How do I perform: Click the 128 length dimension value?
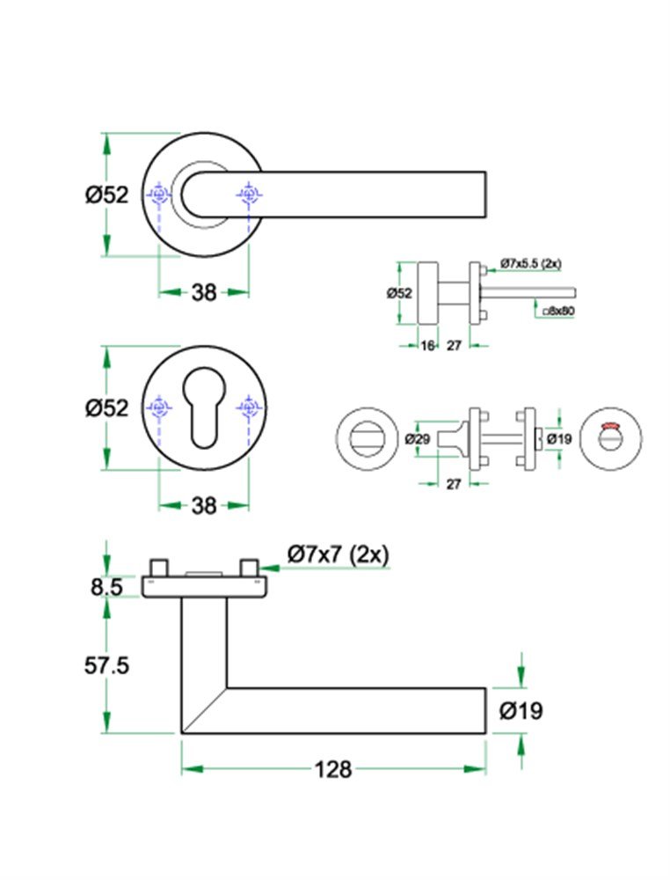(333, 770)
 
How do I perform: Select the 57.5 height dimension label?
(107, 666)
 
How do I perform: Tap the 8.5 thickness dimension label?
(106, 587)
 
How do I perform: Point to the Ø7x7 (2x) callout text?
(339, 554)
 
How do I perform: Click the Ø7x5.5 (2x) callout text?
(531, 263)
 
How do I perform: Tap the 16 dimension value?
(427, 346)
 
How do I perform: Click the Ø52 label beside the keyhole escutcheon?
(107, 408)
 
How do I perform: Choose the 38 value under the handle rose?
(204, 293)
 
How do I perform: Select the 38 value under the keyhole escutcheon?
(204, 506)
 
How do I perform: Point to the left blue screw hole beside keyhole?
(159, 407)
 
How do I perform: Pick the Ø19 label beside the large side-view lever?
(521, 711)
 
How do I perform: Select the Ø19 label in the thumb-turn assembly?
(559, 438)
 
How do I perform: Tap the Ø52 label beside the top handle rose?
(107, 195)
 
